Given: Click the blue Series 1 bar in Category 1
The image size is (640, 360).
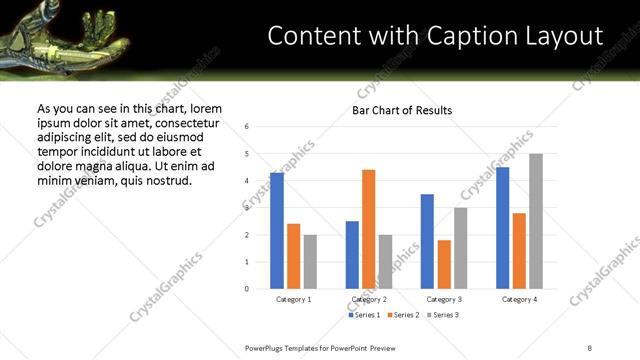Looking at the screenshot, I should tap(277, 231).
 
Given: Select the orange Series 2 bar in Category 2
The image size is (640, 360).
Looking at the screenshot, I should tap(368, 229).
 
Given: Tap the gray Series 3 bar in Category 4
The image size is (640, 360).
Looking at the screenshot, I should tap(536, 221).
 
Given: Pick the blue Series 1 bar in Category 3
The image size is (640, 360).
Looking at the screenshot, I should tap(427, 241).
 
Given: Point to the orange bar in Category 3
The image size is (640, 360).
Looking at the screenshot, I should tap(444, 264).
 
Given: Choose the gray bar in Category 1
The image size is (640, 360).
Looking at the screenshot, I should tap(310, 261).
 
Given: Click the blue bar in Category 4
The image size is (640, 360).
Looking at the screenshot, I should tap(503, 228).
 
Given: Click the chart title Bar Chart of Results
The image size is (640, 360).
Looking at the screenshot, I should tap(402, 110).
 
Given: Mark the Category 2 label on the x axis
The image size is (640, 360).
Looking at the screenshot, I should tap(368, 299).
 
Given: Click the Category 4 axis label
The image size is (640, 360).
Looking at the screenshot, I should tap(519, 299).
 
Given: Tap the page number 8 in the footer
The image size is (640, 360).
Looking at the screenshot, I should tap(589, 348).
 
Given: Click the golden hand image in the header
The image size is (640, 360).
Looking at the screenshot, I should tap(60, 28).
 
